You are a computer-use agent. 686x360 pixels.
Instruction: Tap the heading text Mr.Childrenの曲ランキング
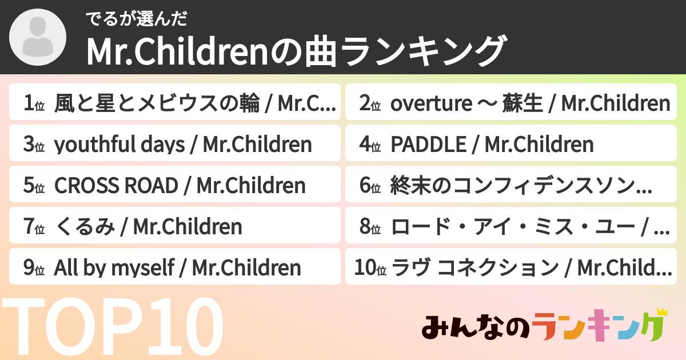coord(296,51)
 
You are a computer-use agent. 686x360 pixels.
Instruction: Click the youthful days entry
coord(183,145)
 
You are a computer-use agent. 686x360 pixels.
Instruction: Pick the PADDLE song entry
coord(492,145)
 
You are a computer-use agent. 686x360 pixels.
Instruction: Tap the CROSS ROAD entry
coord(180,186)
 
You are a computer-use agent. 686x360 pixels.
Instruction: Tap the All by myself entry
coord(177,267)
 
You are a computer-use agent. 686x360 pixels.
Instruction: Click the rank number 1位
coord(34,104)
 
